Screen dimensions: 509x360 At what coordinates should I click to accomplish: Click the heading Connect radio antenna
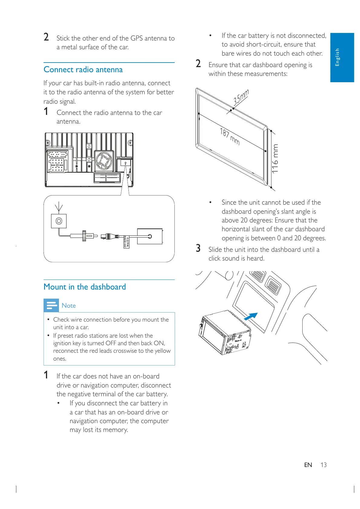coord(83,70)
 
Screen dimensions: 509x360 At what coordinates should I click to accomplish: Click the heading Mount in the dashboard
coord(85,287)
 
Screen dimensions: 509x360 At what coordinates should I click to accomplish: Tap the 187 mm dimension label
coord(230,136)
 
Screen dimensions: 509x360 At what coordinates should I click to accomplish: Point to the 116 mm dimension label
coord(275,158)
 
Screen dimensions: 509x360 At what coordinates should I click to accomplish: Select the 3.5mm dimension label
coord(241,97)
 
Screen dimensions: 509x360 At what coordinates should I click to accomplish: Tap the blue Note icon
coord(51,305)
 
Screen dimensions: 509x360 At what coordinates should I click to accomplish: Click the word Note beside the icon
coord(69,306)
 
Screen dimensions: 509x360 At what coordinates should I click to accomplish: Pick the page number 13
coord(323,465)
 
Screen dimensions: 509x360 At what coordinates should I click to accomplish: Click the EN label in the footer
coord(308,465)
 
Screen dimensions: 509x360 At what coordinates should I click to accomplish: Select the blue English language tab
coord(342,57)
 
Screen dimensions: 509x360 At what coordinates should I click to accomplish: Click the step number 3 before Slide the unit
coord(198,248)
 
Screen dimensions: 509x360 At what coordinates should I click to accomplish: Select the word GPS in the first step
coord(137,38)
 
